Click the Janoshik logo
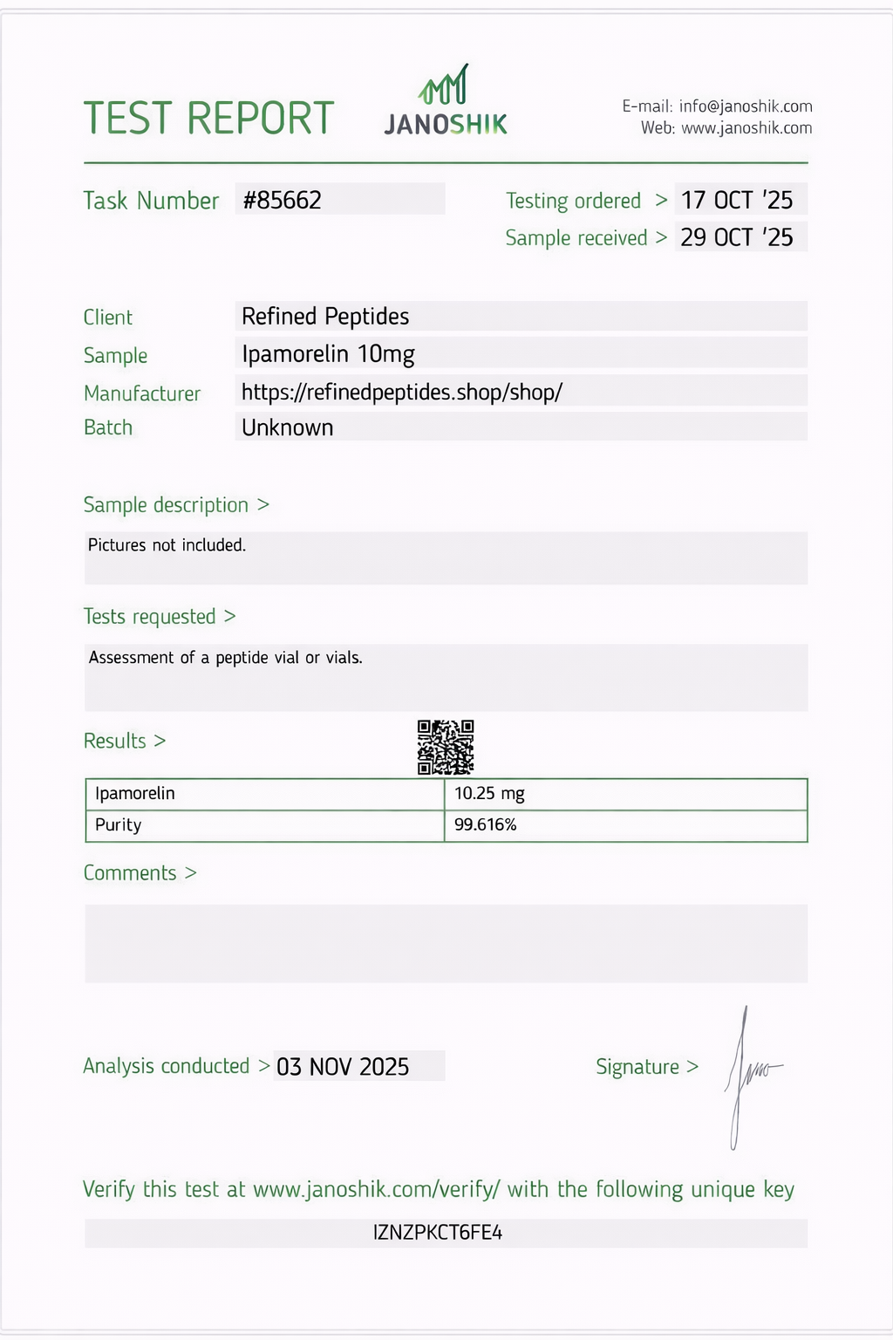click(446, 103)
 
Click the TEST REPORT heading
click(208, 118)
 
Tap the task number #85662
click(283, 200)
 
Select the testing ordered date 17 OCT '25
click(737, 200)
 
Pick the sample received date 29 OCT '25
click(737, 237)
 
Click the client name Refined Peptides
click(325, 316)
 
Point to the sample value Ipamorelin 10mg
click(328, 353)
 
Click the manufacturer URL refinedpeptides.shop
click(402, 392)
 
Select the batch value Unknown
click(288, 427)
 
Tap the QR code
click(446, 747)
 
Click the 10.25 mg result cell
click(489, 794)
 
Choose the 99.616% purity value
click(486, 824)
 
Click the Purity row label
click(119, 824)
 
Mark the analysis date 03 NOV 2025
click(343, 1066)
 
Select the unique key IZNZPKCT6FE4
click(438, 1233)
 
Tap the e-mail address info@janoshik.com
click(746, 106)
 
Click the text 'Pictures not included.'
click(167, 545)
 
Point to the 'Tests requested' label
click(150, 617)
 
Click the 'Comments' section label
click(130, 872)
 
